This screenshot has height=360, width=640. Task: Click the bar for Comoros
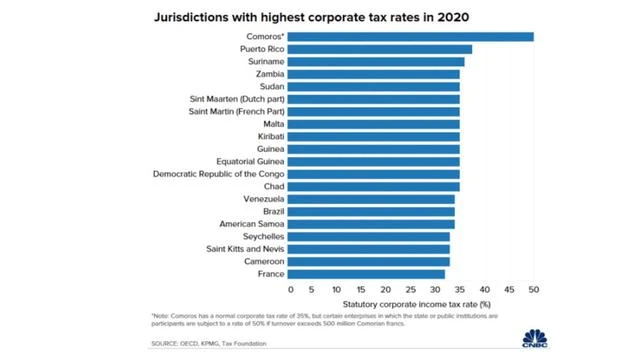click(411, 37)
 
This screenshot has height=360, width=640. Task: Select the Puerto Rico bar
click(380, 49)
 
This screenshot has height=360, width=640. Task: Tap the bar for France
click(366, 274)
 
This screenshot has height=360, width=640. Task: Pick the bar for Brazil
click(371, 211)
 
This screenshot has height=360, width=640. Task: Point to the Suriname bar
click(376, 62)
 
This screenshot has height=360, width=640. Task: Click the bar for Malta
click(373, 124)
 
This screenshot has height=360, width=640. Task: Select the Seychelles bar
click(369, 237)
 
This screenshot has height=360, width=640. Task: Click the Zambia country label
click(270, 74)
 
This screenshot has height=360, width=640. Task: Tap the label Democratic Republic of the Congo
click(218, 174)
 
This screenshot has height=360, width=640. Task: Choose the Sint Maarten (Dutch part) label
click(237, 99)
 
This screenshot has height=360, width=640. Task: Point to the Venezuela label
click(264, 199)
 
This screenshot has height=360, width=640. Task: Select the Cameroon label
click(264, 261)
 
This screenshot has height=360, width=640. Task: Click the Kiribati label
click(271, 136)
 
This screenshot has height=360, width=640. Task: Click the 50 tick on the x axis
click(534, 289)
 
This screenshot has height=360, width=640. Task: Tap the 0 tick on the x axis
click(291, 289)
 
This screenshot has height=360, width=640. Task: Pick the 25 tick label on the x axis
click(411, 289)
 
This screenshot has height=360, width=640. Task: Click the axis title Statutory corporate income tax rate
click(417, 304)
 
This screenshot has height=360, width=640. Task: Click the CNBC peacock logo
click(535, 338)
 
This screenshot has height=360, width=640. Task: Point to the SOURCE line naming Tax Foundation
click(209, 344)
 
